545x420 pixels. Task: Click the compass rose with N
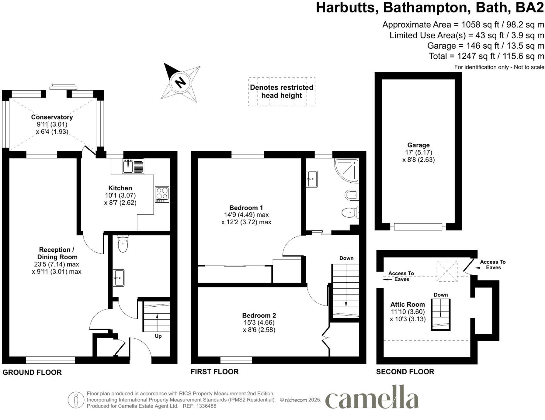click(181, 82)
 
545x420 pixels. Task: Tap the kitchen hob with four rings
click(162, 195)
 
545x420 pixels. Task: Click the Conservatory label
click(52, 117)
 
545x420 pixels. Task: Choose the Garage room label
click(418, 145)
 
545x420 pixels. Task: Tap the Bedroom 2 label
click(259, 315)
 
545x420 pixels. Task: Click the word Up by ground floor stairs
click(158, 336)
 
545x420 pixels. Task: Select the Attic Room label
click(408, 305)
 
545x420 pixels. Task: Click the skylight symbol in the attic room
click(447, 271)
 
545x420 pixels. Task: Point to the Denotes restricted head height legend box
click(282, 91)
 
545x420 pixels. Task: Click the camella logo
click(372, 398)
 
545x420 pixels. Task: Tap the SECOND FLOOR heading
click(405, 372)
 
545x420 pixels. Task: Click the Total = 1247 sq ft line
click(486, 56)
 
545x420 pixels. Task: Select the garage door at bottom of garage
click(418, 226)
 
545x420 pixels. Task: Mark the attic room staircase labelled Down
click(440, 314)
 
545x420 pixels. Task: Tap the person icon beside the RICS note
click(76, 400)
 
